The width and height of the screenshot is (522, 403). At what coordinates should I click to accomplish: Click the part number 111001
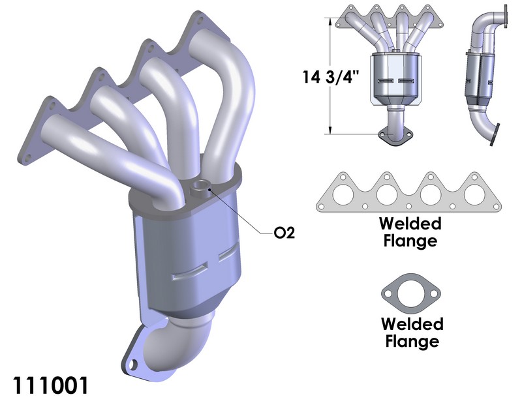tap(50, 385)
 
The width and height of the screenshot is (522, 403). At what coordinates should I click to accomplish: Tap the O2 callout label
tap(284, 233)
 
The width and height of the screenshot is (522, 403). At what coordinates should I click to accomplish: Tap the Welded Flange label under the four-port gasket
tap(410, 232)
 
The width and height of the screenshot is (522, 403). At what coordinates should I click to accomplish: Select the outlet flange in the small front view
tap(394, 135)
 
